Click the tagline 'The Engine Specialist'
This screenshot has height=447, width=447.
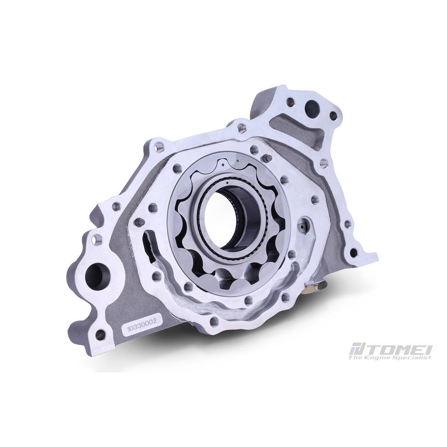point(390,357)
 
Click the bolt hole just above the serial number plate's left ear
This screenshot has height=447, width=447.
point(100,334)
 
